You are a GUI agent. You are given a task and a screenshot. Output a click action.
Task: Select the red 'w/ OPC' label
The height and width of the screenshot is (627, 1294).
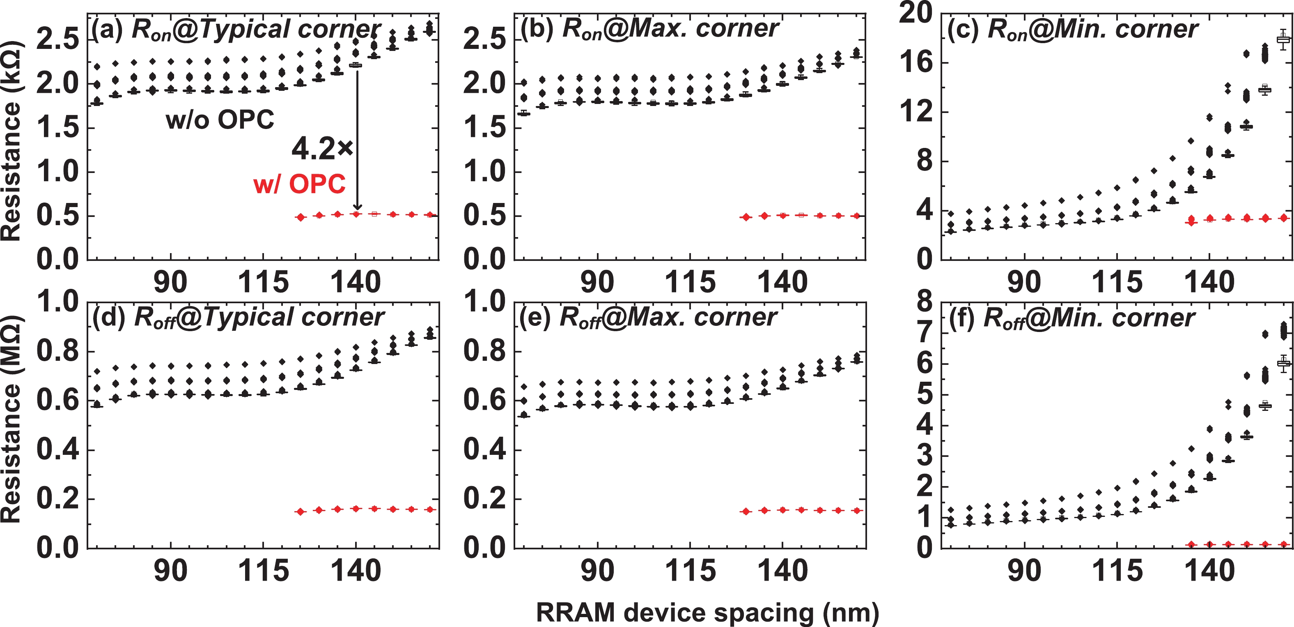[300, 184]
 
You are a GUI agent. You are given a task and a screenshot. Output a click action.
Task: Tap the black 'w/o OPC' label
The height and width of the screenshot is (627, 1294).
[220, 120]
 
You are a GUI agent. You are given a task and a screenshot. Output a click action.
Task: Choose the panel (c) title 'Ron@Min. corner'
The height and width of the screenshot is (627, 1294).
[1072, 29]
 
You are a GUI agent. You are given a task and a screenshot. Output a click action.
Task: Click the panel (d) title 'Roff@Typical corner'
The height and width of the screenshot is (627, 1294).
[239, 318]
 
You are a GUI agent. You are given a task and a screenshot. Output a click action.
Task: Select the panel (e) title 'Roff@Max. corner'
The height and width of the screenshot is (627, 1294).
[648, 318]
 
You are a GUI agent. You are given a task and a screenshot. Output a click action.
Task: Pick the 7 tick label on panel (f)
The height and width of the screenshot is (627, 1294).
[925, 333]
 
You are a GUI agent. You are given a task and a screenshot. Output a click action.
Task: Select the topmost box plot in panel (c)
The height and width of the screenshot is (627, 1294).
[1283, 40]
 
